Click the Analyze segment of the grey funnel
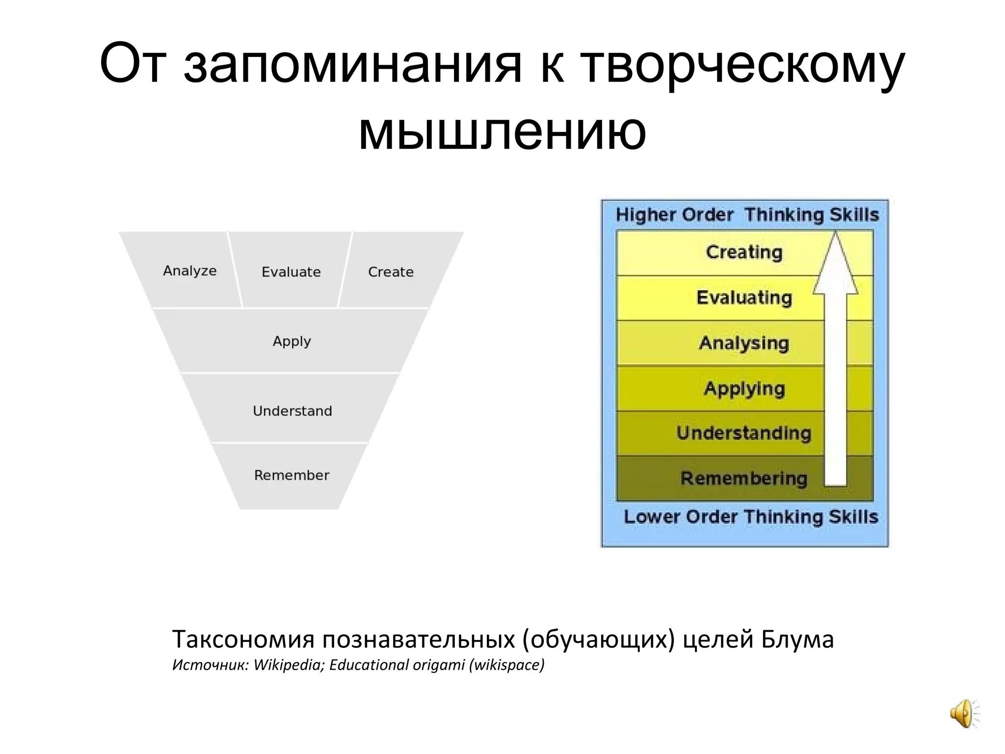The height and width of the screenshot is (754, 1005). (189, 270)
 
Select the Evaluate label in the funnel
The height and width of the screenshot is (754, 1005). (291, 272)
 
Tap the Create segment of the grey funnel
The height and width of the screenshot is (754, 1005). (391, 272)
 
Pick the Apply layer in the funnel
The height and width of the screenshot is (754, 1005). (291, 341)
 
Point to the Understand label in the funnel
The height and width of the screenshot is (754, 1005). (292, 411)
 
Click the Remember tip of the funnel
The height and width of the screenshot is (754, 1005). (291, 475)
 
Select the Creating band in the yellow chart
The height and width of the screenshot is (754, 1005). (743, 252)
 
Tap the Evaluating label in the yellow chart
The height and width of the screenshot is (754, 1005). (744, 297)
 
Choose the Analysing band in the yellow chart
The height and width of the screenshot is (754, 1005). (743, 343)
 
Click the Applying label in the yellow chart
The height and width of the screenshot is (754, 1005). (744, 388)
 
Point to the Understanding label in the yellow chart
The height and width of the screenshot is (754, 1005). (743, 433)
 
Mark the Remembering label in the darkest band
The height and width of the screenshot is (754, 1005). (743, 478)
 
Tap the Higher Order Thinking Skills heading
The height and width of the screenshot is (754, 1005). (747, 215)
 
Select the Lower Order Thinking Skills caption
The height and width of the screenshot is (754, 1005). (750, 517)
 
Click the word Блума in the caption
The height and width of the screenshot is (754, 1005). (797, 640)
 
